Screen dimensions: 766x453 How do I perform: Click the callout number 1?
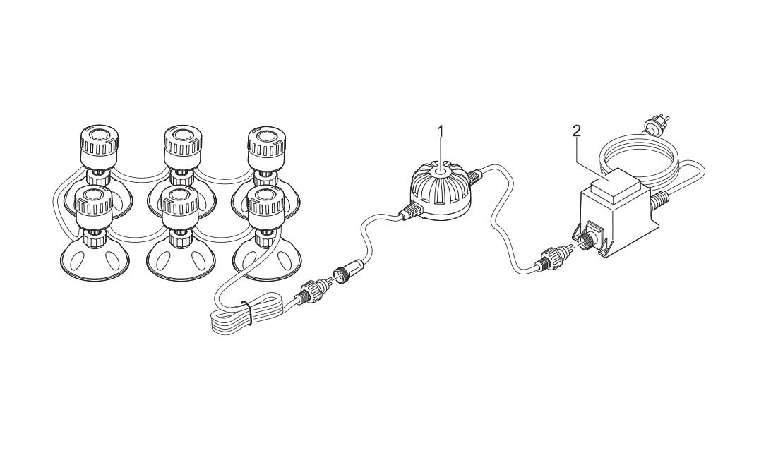pyautogui.click(x=441, y=131)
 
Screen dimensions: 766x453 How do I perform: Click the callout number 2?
pyautogui.click(x=577, y=131)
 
